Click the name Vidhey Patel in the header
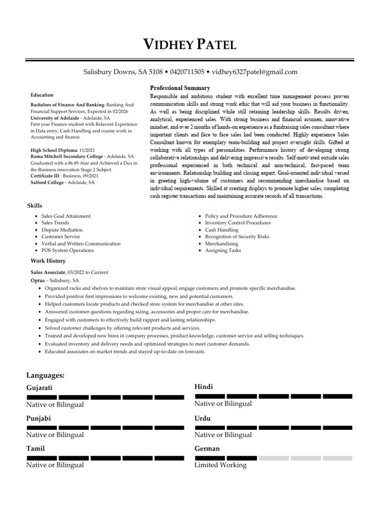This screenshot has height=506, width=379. tap(189, 45)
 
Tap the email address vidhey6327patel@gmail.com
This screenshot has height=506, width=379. tap(255, 72)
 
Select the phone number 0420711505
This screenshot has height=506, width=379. tap(187, 72)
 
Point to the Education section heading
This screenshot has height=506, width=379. tap(42, 95)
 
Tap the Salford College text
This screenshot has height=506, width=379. tap(47, 183)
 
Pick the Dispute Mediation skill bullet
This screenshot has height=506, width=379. tap(62, 230)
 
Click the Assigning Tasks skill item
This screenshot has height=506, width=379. tap(223, 251)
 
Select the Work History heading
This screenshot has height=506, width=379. tap(48, 261)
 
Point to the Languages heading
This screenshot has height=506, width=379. tap(45, 376)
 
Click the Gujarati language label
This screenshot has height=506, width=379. tap(39, 388)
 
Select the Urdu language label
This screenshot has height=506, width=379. tap(203, 419)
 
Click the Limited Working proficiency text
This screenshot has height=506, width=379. tap(221, 465)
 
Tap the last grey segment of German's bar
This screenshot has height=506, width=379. tap(337, 458)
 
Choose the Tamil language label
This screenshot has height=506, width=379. tap(36, 449)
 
